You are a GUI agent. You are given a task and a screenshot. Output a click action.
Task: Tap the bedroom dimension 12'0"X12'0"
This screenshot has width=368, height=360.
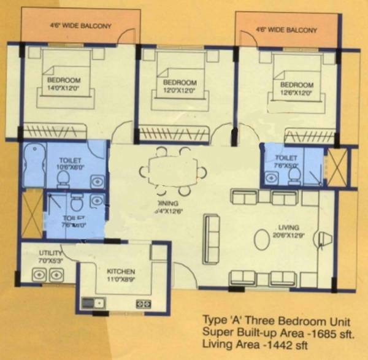(179, 90)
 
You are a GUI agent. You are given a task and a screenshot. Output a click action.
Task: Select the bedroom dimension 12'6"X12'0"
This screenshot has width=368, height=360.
(296, 93)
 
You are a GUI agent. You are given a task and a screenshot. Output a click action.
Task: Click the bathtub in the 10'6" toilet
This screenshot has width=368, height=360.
(34, 164)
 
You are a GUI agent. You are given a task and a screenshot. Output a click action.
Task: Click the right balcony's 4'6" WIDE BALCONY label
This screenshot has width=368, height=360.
(286, 29)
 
